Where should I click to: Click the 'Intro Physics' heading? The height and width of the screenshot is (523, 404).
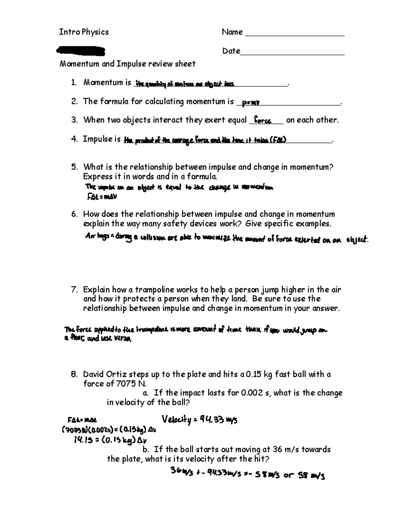coord(84,32)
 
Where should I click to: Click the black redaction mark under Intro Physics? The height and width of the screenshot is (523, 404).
coord(81,51)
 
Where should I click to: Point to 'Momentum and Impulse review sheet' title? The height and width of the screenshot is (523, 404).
coord(127,64)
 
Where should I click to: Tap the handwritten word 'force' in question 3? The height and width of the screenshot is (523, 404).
coord(263,120)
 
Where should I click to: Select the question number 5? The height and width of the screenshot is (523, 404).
coord(74,167)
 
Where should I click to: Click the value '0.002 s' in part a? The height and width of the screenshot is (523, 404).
coord(254,393)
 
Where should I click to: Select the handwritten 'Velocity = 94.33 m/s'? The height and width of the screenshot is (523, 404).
coord(200,420)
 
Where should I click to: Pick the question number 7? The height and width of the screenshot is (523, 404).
coord(74,290)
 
